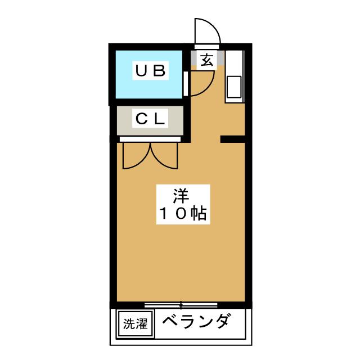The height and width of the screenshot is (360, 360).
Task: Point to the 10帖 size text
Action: click(x=181, y=214)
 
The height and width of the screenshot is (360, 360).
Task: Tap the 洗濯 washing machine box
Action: click(x=135, y=325)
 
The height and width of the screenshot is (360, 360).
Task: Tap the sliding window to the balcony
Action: click(x=181, y=305)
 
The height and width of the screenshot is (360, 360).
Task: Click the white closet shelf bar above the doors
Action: click(x=150, y=137)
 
